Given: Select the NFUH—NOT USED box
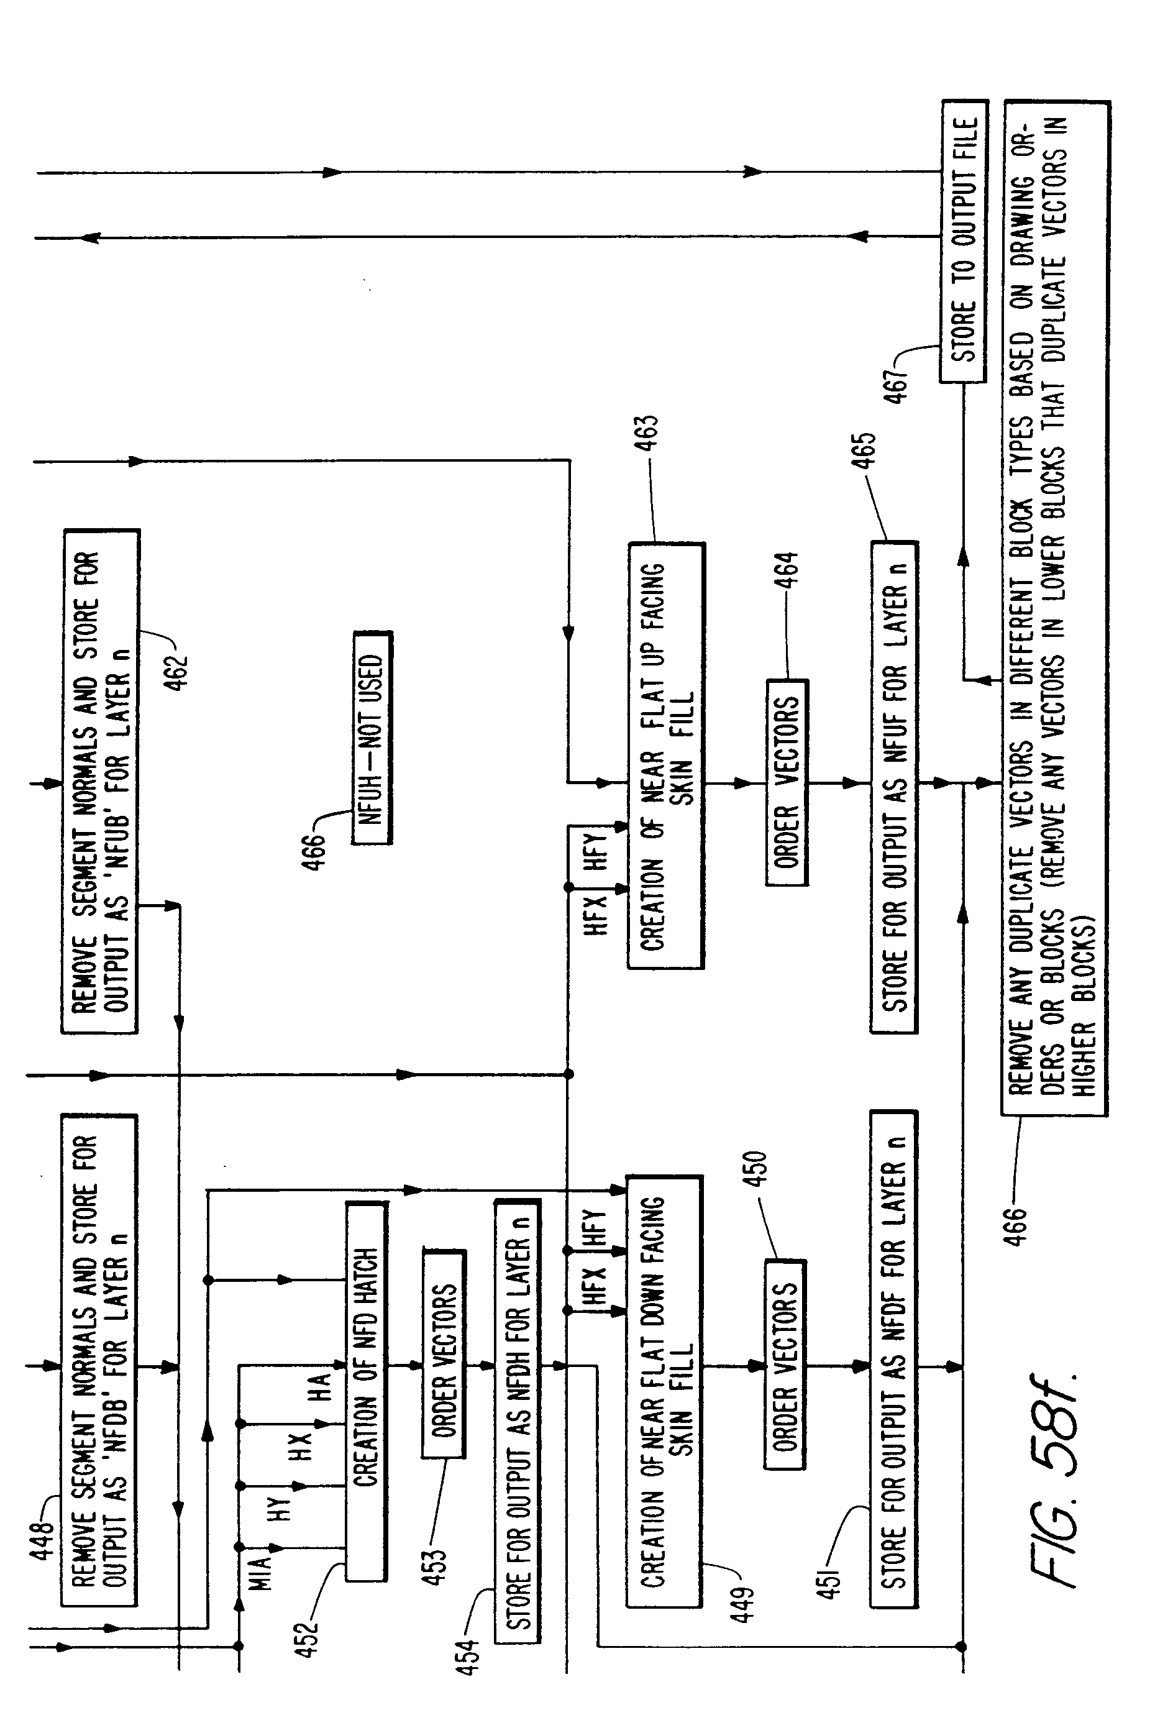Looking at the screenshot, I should (372, 736).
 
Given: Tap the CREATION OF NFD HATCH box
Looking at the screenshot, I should (366, 1390).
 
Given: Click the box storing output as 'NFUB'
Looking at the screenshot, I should (100, 780).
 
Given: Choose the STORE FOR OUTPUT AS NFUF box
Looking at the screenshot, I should (893, 787).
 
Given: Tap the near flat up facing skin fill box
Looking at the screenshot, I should (665, 756).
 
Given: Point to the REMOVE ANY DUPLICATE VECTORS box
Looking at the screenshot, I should (1054, 608).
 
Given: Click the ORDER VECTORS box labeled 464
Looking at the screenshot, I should (786, 782).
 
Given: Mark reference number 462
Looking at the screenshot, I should (177, 671).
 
